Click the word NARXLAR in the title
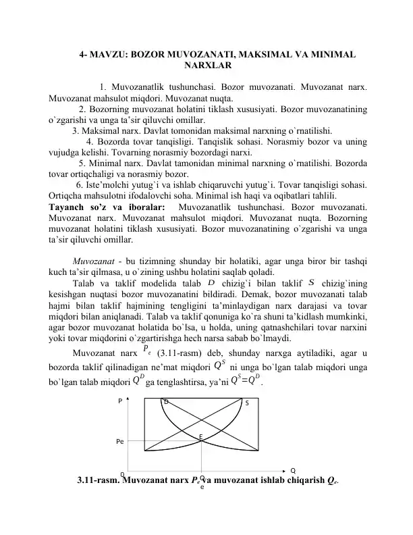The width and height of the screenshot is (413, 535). pos(206,66)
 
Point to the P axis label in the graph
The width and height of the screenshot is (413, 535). pos(120,401)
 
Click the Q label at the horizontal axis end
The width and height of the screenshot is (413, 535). pos(294,471)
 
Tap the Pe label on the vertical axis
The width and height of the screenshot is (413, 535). pos(120,442)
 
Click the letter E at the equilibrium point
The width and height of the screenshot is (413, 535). pos(200,436)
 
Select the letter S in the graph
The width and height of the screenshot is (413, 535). pos(246,403)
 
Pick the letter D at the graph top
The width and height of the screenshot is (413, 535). pos(167,402)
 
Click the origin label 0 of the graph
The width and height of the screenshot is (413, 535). pos(122,475)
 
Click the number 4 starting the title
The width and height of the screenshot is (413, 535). pos(82,54)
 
